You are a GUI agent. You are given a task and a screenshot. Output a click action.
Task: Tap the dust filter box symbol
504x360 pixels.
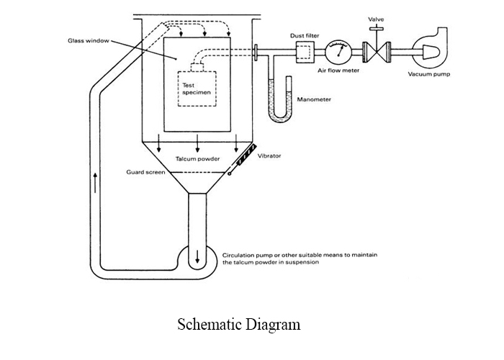click(305, 51)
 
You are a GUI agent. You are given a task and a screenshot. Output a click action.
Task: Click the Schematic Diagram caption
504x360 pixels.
click(238, 325)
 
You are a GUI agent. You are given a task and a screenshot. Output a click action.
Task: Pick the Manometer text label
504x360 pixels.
click(313, 99)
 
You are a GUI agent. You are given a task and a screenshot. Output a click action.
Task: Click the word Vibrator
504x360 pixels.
click(269, 156)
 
